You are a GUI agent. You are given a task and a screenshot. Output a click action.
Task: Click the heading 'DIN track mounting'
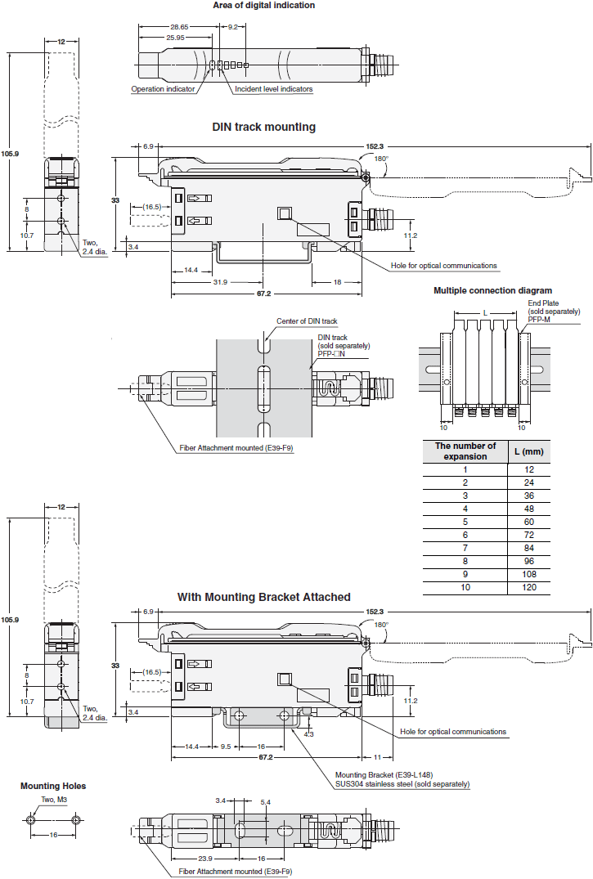point(263,127)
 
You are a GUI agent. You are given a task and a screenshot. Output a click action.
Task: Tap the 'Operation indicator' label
point(163,89)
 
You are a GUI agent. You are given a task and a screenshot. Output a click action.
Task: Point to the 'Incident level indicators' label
point(273,89)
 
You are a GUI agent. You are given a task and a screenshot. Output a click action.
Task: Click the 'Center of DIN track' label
point(307,321)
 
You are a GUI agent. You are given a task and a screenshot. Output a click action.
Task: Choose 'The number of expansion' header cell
point(465,451)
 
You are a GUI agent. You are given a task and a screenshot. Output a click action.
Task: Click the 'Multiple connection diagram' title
point(492,290)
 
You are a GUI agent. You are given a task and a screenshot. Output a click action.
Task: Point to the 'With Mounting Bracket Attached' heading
point(263,597)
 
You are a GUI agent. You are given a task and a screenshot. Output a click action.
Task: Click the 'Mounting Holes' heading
point(53,786)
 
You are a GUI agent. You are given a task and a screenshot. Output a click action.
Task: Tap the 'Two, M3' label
point(55,800)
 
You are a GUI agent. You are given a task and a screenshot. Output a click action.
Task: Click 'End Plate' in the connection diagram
point(544,302)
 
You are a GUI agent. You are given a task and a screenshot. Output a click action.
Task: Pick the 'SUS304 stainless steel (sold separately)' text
point(402,784)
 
